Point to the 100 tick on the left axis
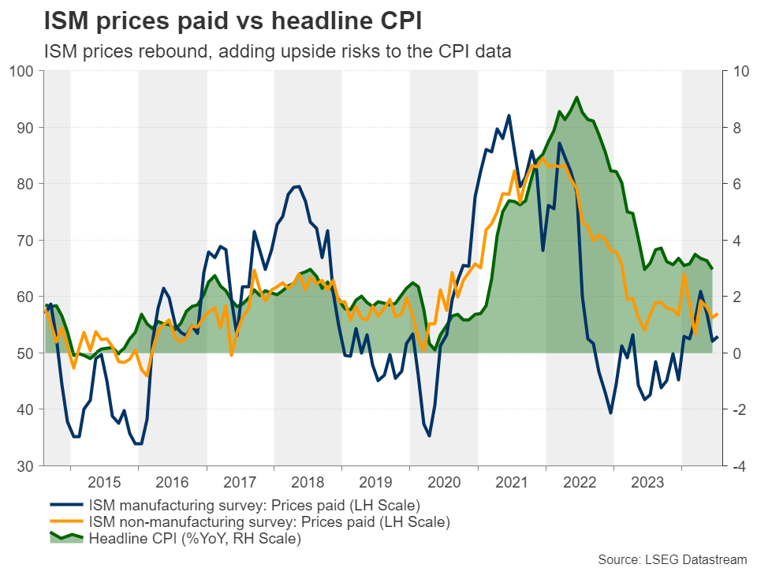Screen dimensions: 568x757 [22, 72]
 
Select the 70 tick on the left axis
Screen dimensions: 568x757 [25, 240]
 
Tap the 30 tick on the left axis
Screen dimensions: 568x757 [25, 465]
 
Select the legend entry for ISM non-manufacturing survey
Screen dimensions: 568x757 [269, 521]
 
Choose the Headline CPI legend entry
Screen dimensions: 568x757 [195, 539]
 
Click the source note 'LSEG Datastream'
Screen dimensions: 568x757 [671, 559]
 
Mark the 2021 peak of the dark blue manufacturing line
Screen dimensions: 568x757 [509, 115]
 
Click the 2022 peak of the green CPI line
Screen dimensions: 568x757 [576, 97]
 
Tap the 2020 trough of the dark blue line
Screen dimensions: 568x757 [429, 435]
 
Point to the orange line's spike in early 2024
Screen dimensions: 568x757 [684, 274]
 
